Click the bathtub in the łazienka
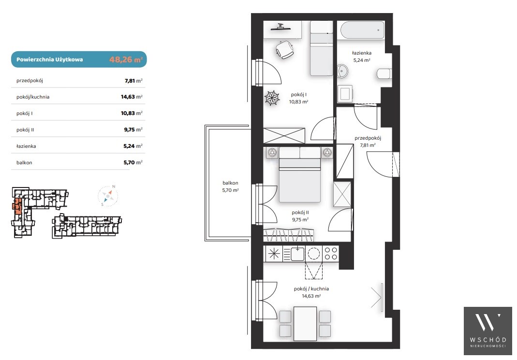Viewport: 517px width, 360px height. [x=362, y=30]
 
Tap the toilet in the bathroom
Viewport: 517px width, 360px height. [x=384, y=74]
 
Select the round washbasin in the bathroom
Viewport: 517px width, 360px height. [x=342, y=71]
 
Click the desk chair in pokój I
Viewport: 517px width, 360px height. [x=284, y=49]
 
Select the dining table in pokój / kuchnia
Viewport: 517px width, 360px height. [x=305, y=324]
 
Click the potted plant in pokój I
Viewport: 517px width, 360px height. [x=272, y=98]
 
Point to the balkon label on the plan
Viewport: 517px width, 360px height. [x=230, y=183]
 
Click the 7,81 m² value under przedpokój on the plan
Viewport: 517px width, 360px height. [x=368, y=145]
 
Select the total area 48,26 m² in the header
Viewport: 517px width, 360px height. [x=126, y=59]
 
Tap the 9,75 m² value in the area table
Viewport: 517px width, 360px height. [x=133, y=130]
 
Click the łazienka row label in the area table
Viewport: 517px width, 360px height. [x=26, y=146]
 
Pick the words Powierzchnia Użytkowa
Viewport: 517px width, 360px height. [x=49, y=59]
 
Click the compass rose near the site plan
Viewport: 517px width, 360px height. [x=108, y=196]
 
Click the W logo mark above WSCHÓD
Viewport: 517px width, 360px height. [x=487, y=322]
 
